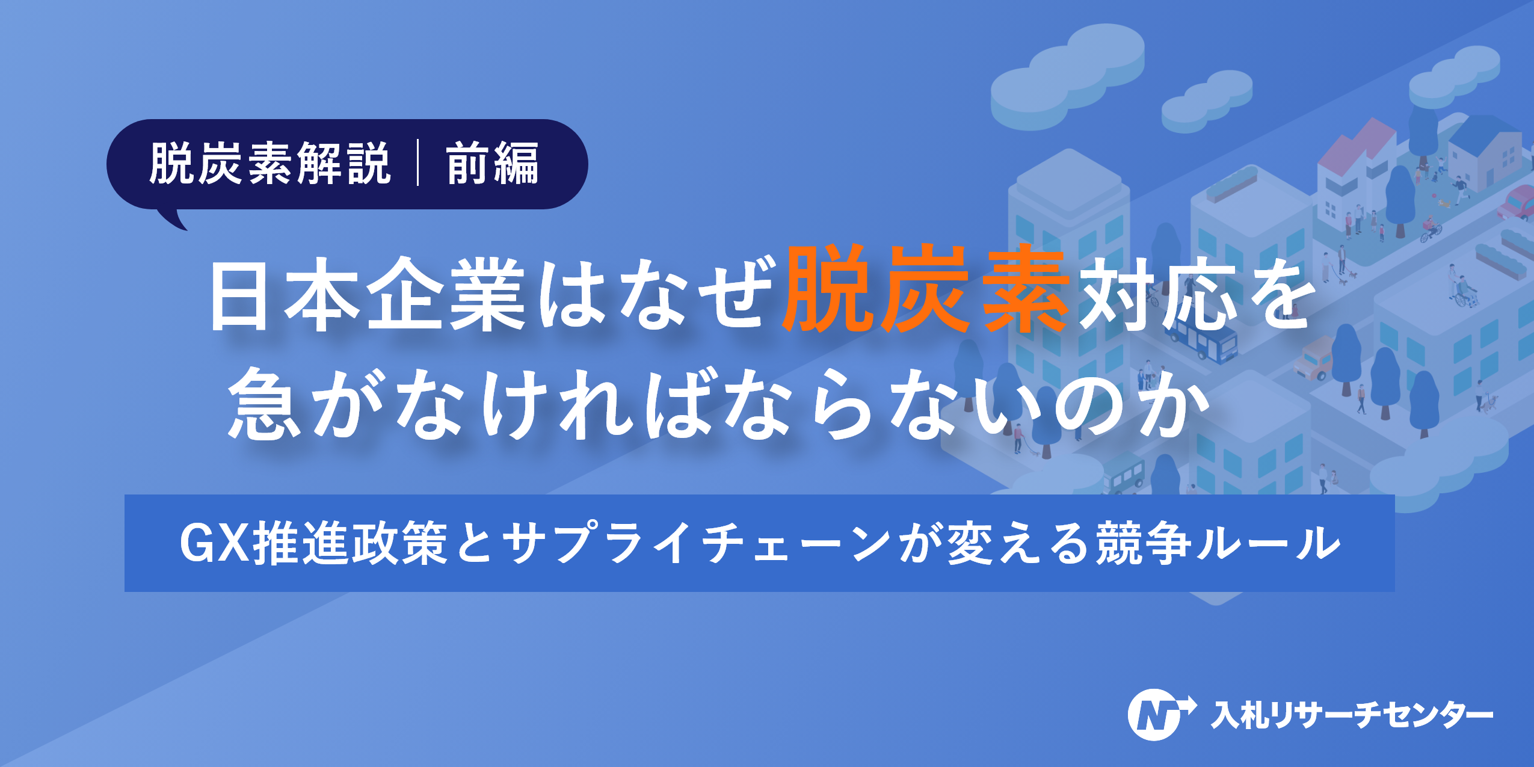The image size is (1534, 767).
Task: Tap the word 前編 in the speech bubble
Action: [x=492, y=164]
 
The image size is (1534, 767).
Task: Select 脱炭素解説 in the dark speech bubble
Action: [x=270, y=164]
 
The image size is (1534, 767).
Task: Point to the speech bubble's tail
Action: [x=174, y=220]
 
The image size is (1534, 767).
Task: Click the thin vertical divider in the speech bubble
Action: [x=418, y=164]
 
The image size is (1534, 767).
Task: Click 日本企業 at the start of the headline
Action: [x=367, y=295]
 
